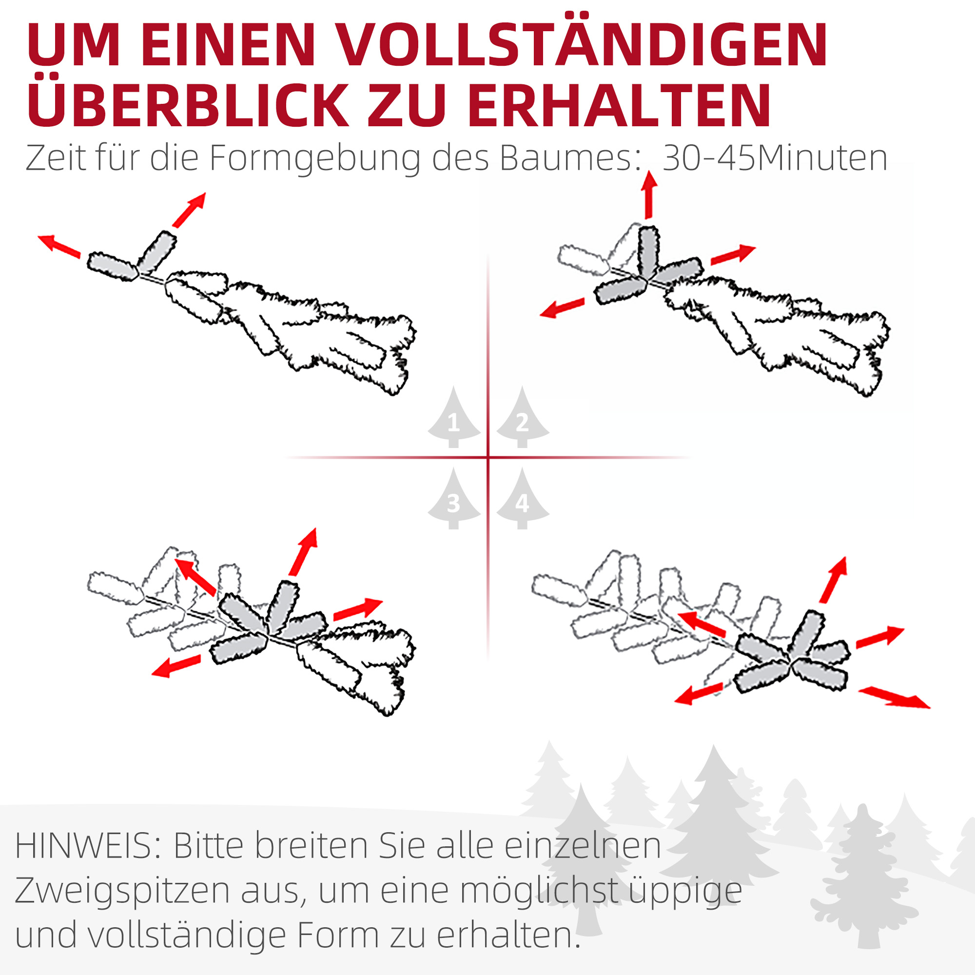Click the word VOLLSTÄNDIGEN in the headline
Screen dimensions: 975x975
(x=580, y=45)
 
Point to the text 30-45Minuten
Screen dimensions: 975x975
(x=775, y=158)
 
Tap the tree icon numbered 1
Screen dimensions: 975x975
(x=454, y=419)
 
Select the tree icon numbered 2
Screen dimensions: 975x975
(x=522, y=419)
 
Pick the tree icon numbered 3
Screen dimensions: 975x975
(x=454, y=500)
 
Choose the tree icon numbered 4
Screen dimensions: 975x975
(x=522, y=500)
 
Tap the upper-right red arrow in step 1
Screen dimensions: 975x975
(x=189, y=210)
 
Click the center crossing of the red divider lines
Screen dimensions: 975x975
(x=488, y=458)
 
